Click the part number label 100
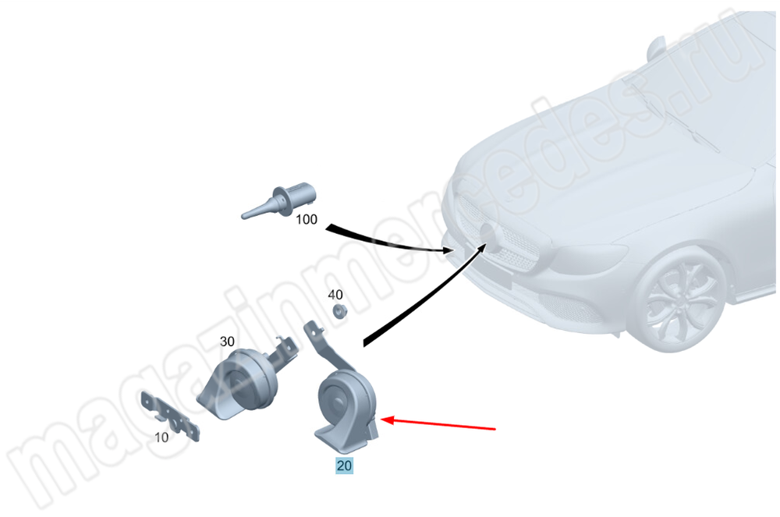tap(307, 219)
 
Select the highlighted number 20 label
tap(344, 466)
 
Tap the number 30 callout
tap(227, 342)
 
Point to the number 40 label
tap(335, 295)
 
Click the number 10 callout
tap(161, 437)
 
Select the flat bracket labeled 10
tap(172, 416)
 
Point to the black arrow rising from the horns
tap(423, 298)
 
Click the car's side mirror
tap(656, 48)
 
